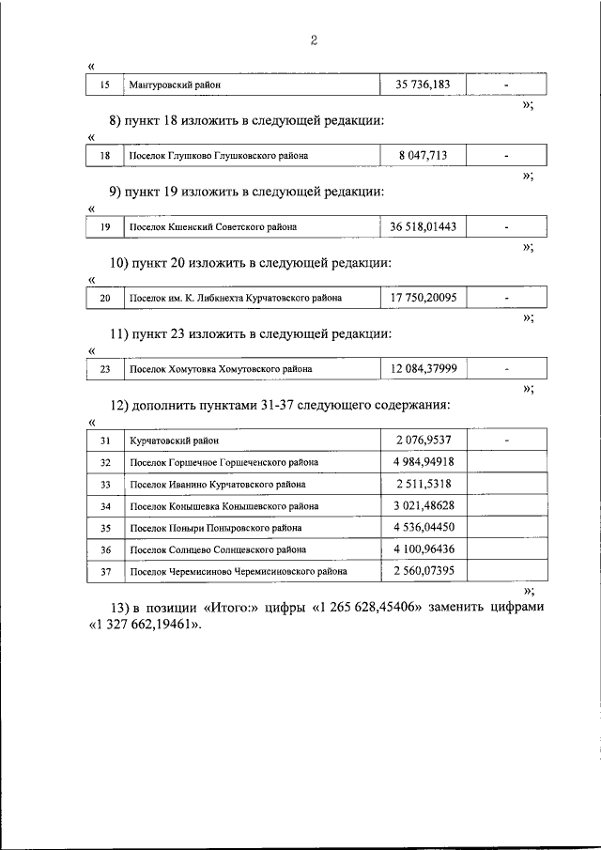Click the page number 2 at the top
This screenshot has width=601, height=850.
click(x=314, y=39)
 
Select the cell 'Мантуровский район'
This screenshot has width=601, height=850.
click(x=175, y=85)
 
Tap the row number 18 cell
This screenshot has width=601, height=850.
click(x=104, y=156)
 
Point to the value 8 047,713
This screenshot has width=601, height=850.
click(x=422, y=156)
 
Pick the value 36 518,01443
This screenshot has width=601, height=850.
click(x=423, y=226)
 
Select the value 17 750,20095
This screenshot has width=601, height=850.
click(x=423, y=298)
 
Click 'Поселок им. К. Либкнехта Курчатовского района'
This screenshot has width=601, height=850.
click(x=235, y=299)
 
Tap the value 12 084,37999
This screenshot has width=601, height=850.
click(x=423, y=368)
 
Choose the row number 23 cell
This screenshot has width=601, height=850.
click(x=104, y=369)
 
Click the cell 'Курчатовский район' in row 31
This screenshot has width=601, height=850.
click(x=175, y=440)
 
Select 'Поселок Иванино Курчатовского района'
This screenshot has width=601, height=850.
click(x=217, y=485)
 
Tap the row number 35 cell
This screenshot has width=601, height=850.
click(x=104, y=528)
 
